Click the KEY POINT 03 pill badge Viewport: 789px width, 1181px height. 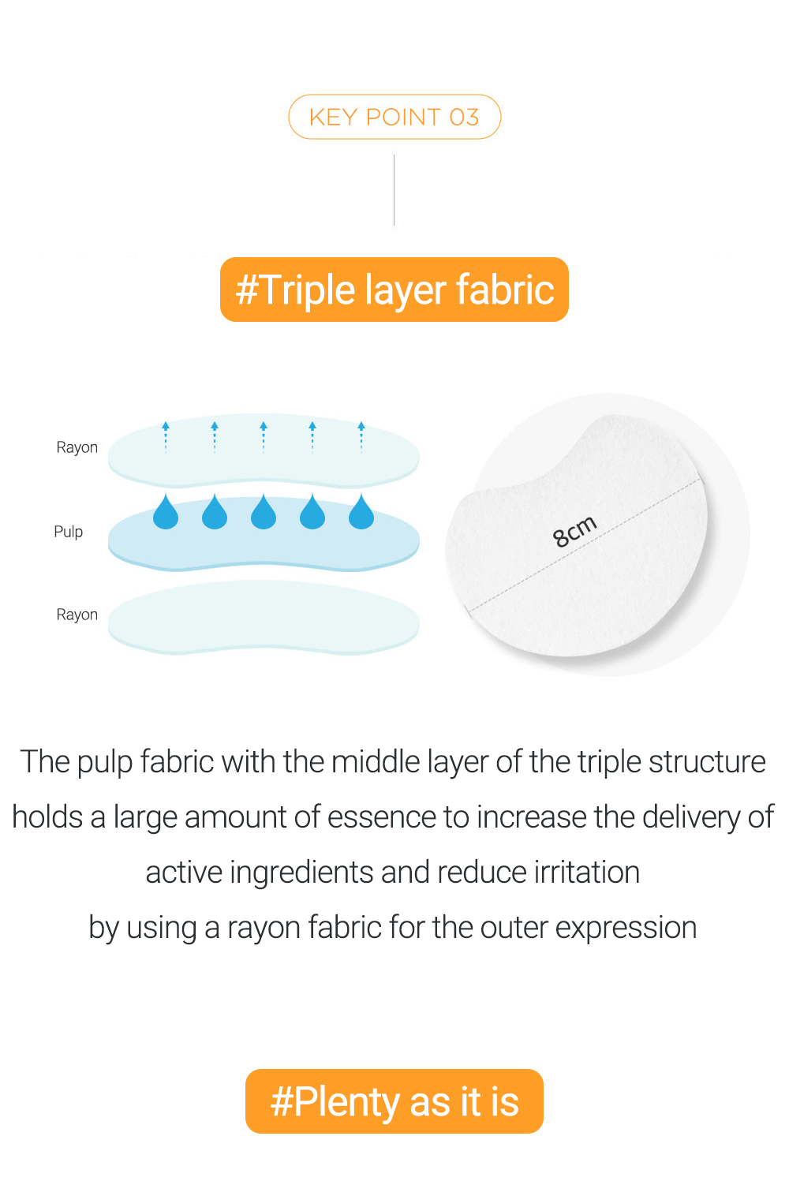(394, 117)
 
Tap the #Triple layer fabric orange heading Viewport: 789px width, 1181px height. (394, 290)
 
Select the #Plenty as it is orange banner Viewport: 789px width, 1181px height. (394, 1101)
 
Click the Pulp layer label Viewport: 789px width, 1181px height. (69, 532)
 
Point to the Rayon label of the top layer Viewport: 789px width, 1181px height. (77, 447)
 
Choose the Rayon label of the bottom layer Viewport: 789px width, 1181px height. (77, 615)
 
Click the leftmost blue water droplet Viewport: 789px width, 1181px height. (166, 511)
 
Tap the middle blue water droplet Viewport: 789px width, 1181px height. (264, 511)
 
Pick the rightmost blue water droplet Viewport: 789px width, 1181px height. (361, 511)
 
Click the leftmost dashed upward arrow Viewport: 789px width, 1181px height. (166, 438)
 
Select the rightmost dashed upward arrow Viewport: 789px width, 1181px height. (361, 438)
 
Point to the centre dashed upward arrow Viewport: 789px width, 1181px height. (264, 438)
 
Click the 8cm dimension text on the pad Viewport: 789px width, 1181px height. (575, 531)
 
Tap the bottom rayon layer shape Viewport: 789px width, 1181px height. (264, 617)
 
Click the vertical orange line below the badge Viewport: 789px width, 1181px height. (394, 190)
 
